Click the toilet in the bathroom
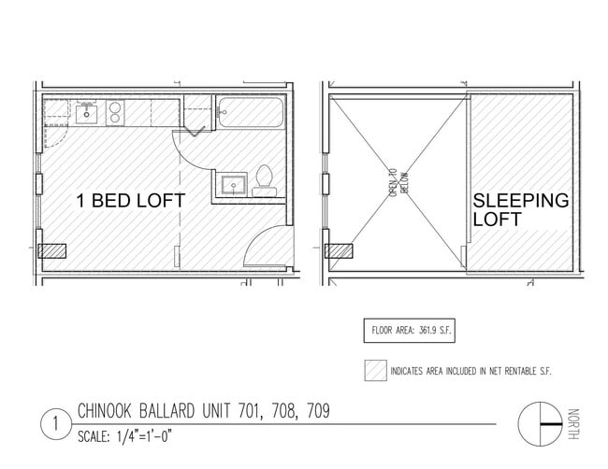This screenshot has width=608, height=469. pos(265,181)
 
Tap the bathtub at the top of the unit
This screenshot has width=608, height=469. pos(251,112)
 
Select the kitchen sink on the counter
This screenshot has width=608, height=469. pos(86,113)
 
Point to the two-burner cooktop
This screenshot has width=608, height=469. pos(115,112)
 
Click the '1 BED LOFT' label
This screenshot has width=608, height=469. pos(131,201)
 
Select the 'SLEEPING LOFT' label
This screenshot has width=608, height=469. pos(521,209)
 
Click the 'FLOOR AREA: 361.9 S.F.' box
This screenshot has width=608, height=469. pos(410,331)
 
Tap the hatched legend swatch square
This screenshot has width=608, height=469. pos(375,370)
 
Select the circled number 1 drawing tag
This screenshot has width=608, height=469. pos(56,423)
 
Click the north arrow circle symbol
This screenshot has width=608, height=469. pos(540,424)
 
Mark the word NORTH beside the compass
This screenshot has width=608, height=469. pos(573,424)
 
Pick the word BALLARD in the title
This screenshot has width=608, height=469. pos(166,411)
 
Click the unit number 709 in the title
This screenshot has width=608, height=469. pos(318,411)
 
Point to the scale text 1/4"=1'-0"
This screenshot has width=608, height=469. pos(143,437)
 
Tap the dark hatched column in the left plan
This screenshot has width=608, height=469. pos(52,251)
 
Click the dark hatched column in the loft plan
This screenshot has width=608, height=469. pos(339,251)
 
